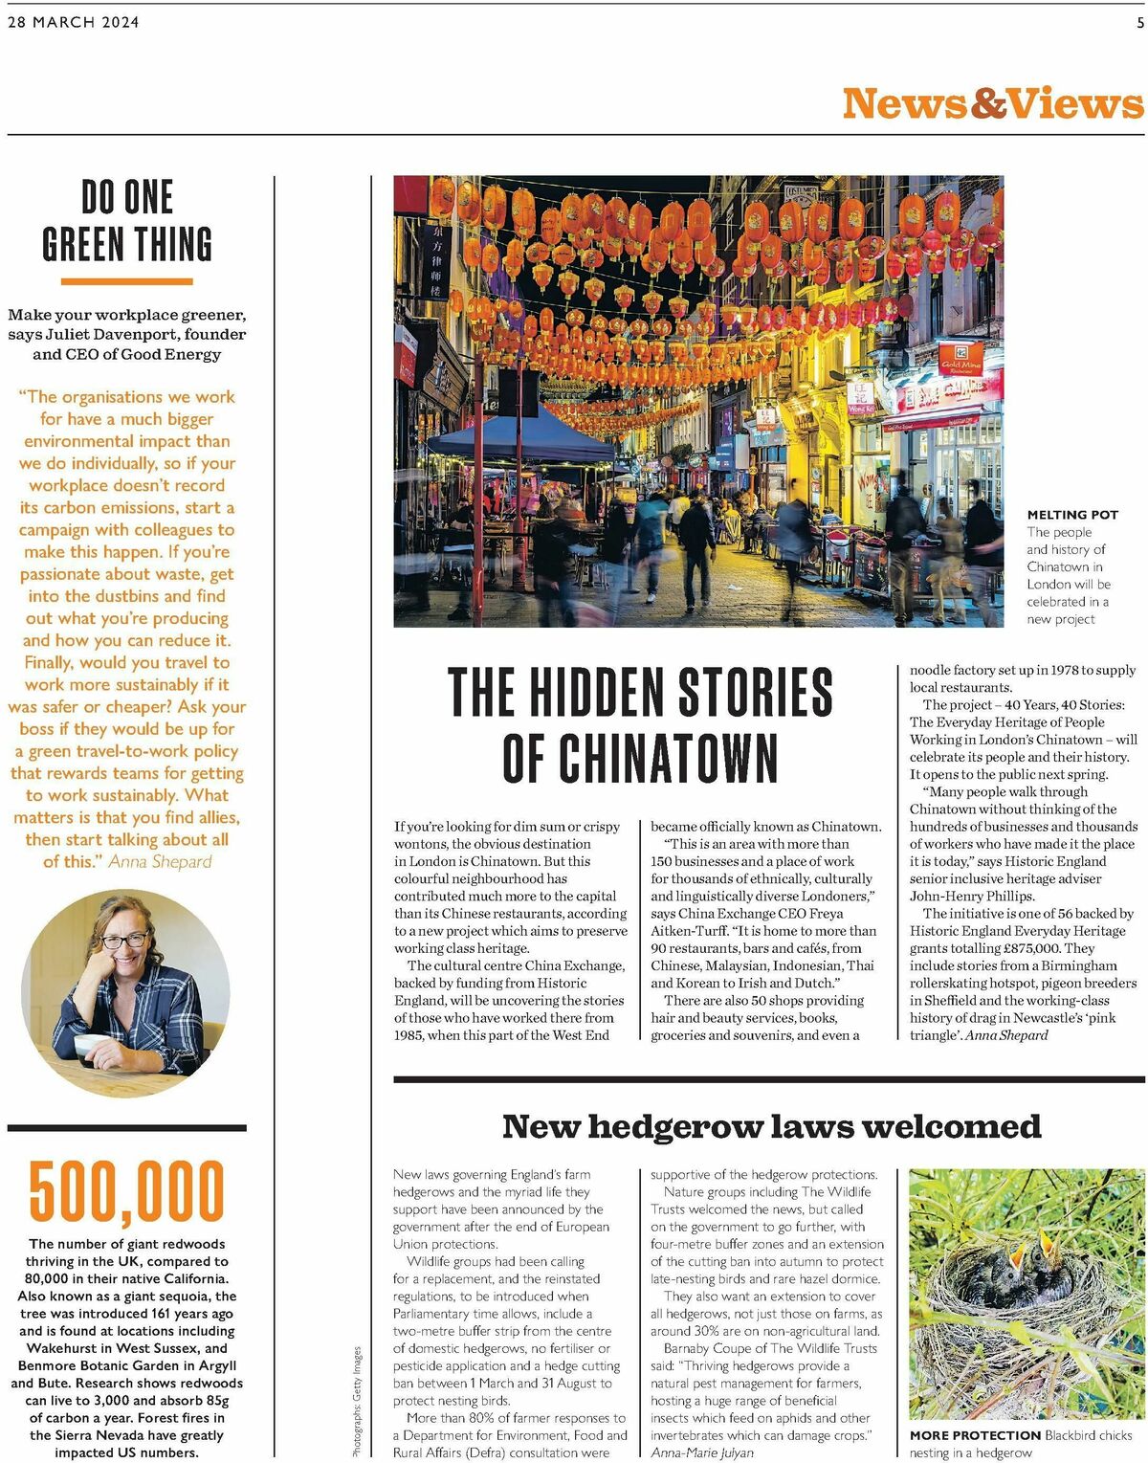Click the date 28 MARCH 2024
(x=74, y=22)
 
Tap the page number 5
(x=1139, y=22)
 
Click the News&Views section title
(x=992, y=103)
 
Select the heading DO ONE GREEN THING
(x=127, y=221)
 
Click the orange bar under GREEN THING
(x=127, y=281)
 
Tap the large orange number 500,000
(x=127, y=1191)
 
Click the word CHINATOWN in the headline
(x=640, y=759)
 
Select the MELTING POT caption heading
(x=1072, y=515)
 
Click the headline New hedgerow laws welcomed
(x=771, y=1126)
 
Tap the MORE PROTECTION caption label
(x=975, y=1435)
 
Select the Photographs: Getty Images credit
(x=358, y=1402)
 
